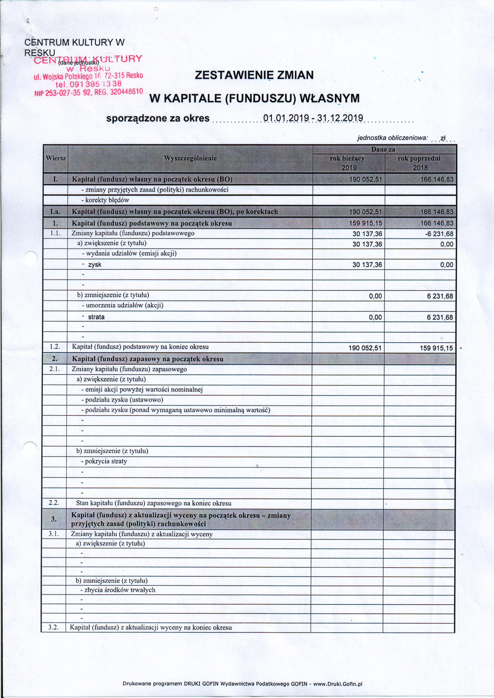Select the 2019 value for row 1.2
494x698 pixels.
365,348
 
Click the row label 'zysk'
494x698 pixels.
95,265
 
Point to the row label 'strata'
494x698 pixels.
96,317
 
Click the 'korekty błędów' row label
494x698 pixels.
107,200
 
